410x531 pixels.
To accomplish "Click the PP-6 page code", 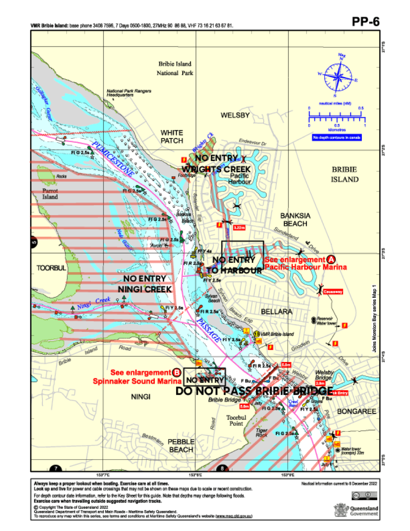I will (x=365, y=22).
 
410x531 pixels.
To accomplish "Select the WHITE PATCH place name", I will (x=172, y=136).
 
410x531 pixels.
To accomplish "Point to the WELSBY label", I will (x=235, y=115).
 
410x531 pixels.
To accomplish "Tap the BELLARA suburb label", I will (x=276, y=312).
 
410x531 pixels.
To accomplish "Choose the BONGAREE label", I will (x=356, y=412).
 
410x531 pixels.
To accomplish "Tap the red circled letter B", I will (x=177, y=372).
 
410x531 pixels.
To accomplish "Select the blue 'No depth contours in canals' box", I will (x=337, y=138).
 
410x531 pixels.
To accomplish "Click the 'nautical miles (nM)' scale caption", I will (x=335, y=104).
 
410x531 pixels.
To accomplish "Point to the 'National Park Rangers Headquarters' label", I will (x=129, y=93).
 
